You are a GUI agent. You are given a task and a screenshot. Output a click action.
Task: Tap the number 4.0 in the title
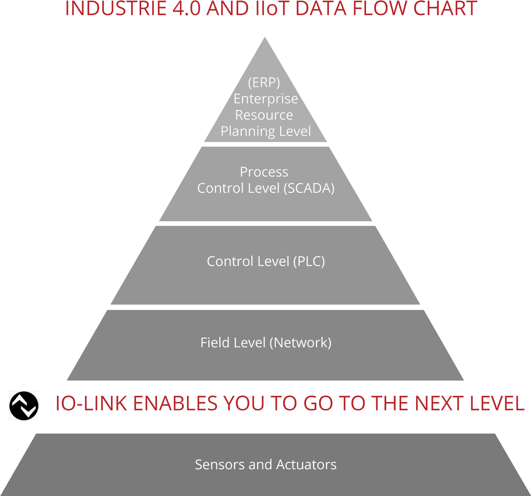186,8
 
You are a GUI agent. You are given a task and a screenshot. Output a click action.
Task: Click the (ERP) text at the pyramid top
264,82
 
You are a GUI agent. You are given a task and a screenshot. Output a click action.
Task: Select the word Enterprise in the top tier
265,99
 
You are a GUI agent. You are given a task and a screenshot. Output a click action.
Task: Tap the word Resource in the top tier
264,115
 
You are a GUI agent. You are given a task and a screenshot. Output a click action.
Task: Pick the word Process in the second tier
264,172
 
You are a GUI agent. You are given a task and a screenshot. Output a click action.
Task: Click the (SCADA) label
309,188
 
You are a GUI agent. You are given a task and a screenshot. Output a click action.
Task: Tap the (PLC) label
309,261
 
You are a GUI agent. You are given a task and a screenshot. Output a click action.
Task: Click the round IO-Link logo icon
24,406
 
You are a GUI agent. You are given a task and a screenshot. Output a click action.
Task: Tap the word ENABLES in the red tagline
175,404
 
